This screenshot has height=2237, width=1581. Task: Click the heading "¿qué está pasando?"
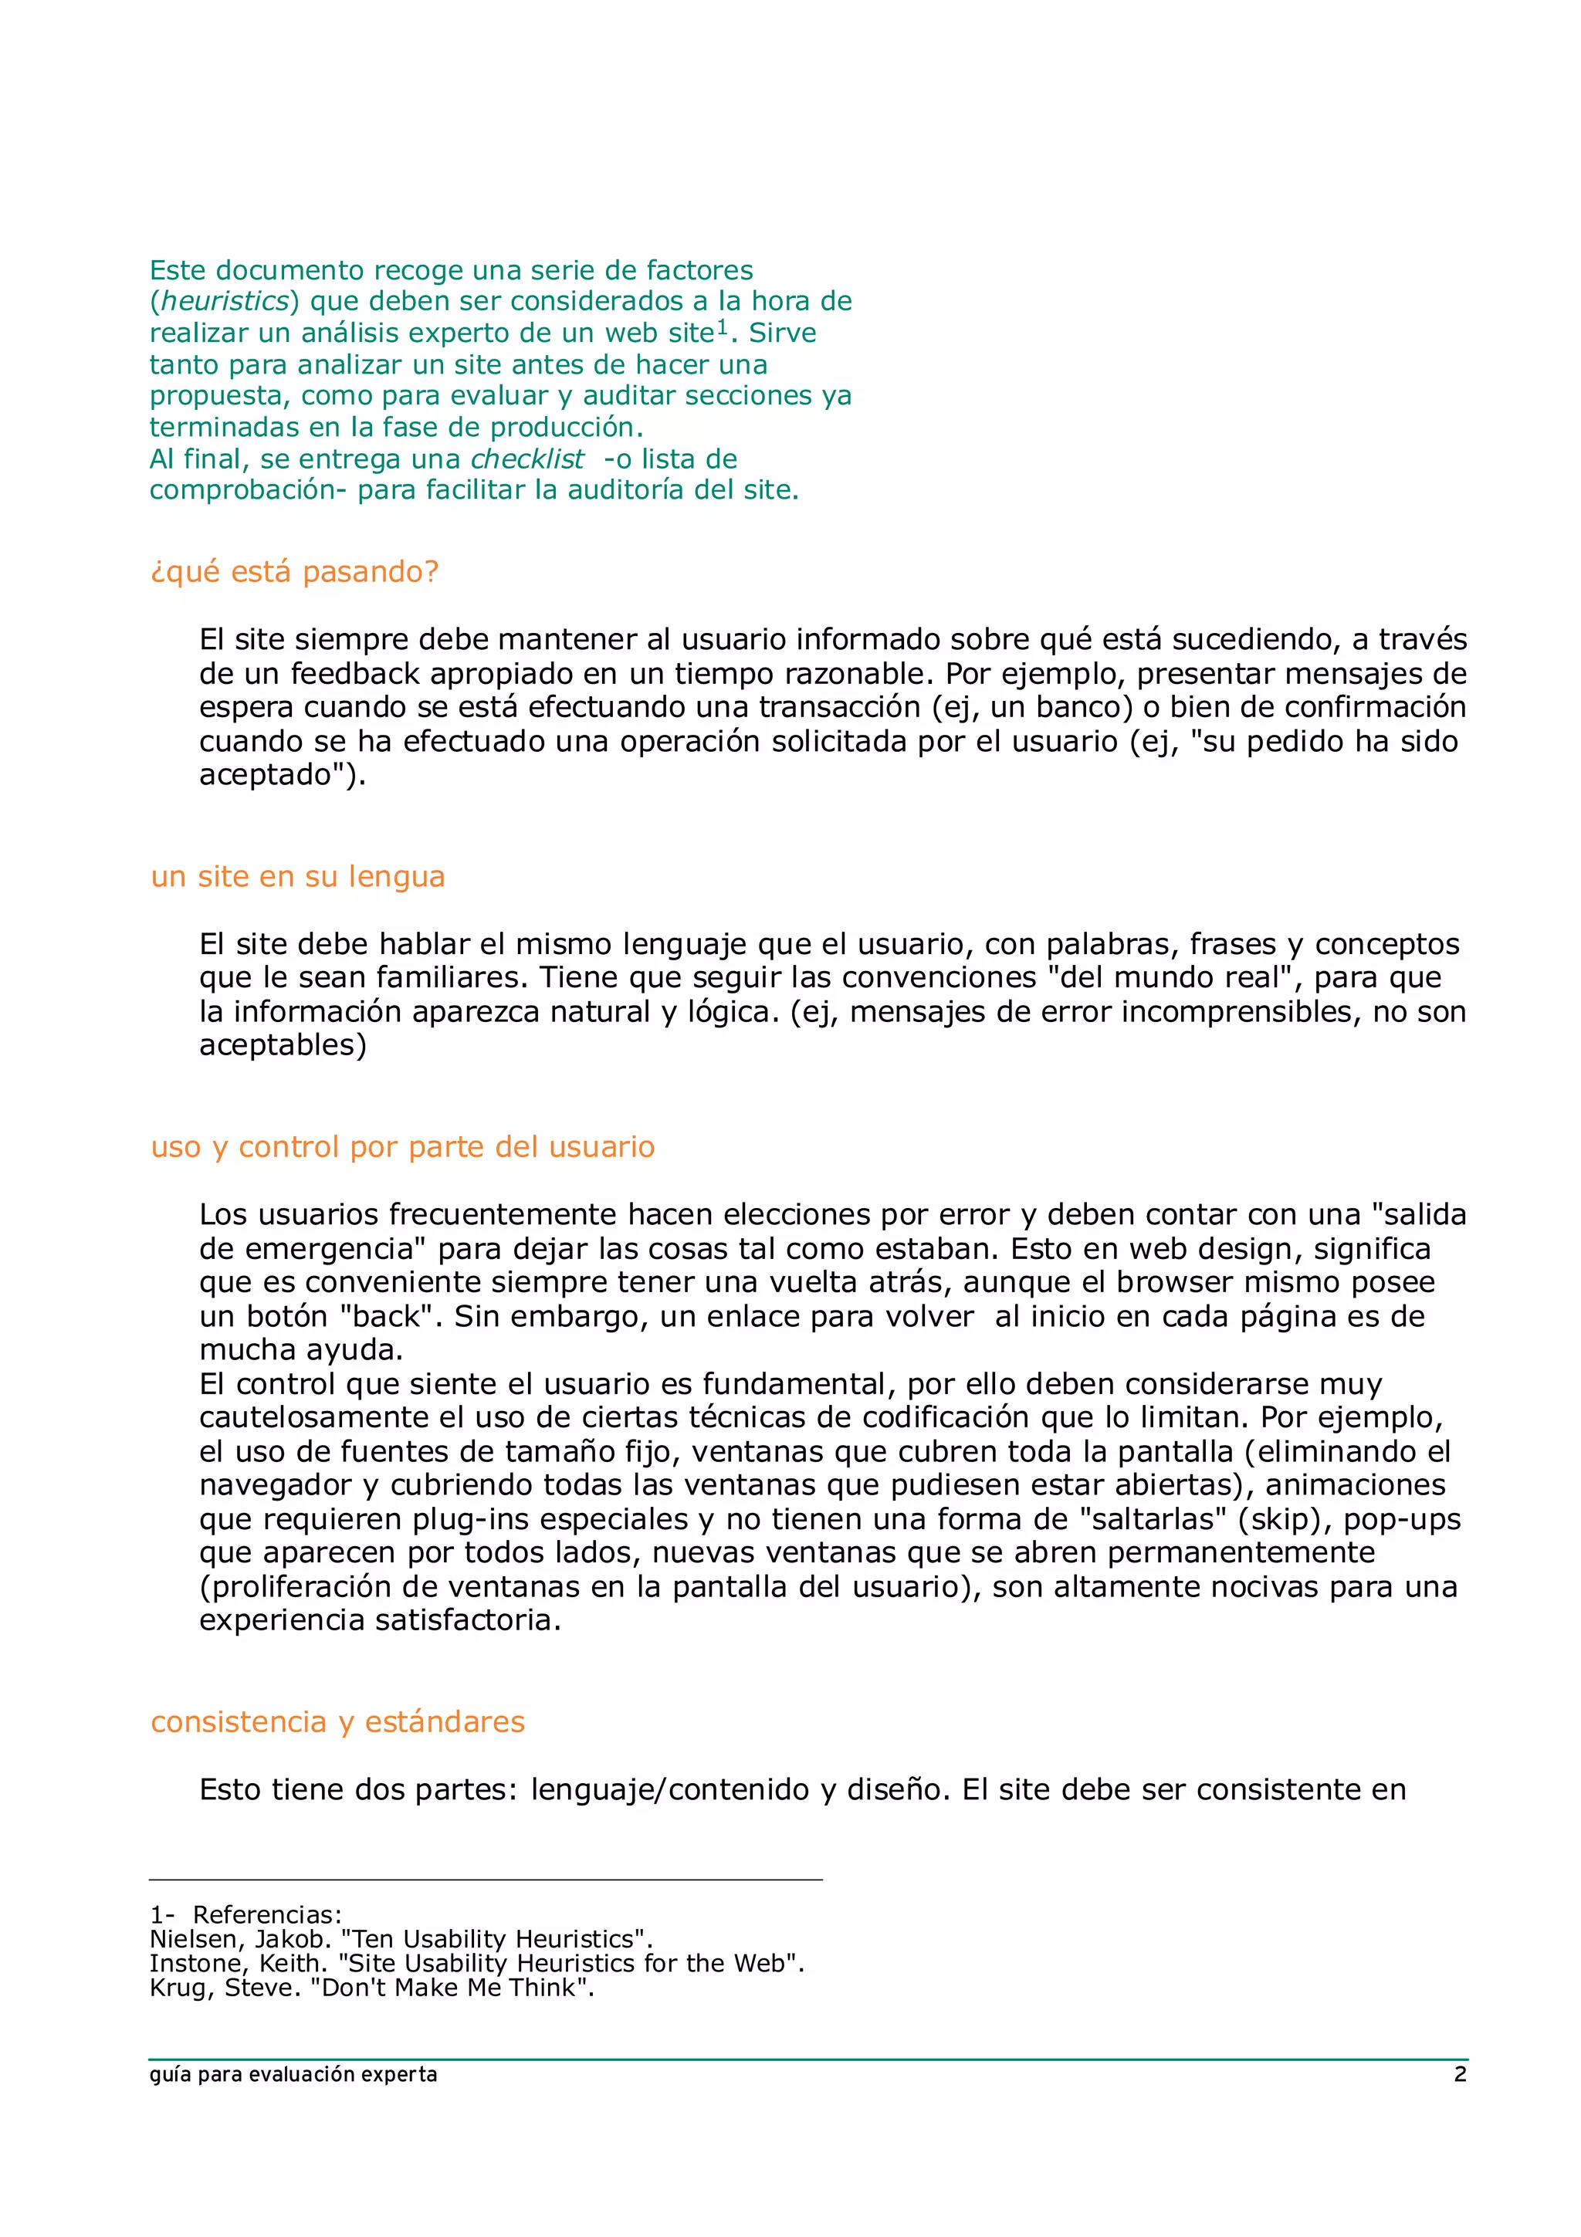click(294, 572)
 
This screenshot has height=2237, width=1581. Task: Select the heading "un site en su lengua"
click(297, 877)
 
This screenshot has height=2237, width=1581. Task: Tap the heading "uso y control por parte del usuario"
click(402, 1147)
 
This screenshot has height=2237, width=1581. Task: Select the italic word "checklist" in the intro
click(527, 459)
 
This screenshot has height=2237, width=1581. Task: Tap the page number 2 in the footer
click(1459, 2074)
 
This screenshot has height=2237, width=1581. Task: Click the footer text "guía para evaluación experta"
click(293, 2074)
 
